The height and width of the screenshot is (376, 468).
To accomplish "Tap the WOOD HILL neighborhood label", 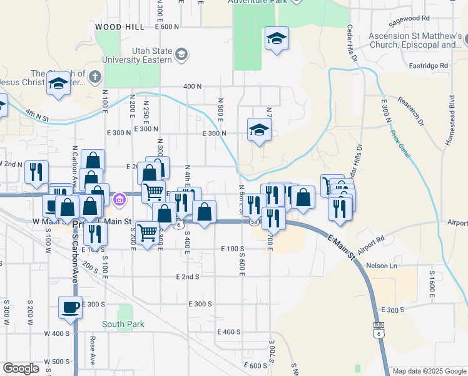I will coord(120,28).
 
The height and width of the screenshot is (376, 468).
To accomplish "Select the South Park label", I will coord(124,324).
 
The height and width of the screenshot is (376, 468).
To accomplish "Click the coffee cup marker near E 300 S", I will coord(70,307).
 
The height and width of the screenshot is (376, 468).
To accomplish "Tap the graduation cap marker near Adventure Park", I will coord(276,39).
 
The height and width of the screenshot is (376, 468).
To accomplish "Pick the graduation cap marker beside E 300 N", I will coord(258,130).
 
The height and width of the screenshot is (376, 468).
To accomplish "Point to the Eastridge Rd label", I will coord(425,65).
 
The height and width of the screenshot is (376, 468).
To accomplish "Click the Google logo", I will coord(21,368).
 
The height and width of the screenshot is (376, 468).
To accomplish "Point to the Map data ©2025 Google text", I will coord(429,371).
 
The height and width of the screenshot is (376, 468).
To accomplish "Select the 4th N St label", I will coord(38,114).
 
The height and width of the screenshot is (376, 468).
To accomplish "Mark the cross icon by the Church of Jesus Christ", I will coord(94,78).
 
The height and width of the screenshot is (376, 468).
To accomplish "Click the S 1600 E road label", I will coord(432,282).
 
